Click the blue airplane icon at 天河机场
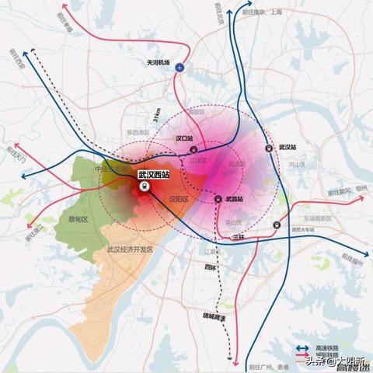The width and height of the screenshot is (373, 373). click(x=181, y=68)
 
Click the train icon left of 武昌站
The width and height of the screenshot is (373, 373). click(x=218, y=199)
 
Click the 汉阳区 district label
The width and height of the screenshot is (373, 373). click(x=180, y=199)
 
